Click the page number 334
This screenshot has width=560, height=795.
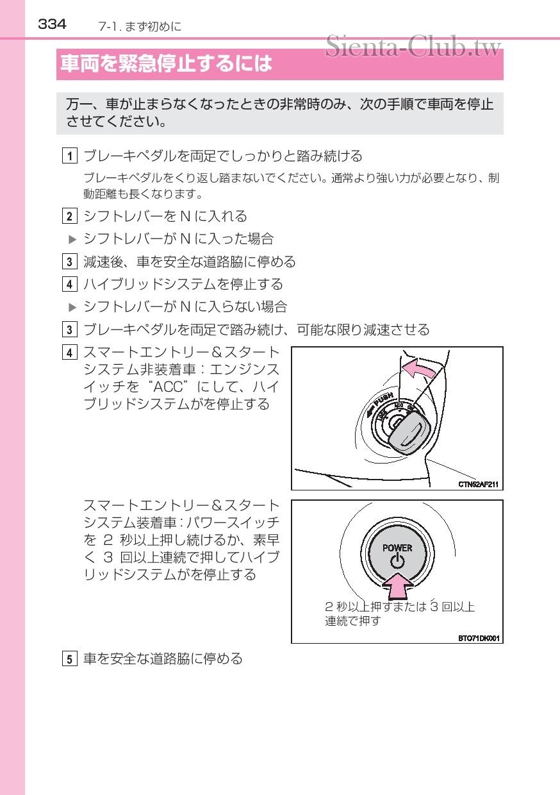point(52,24)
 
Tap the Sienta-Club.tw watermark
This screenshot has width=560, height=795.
point(413,46)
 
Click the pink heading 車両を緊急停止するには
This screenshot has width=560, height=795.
point(166,63)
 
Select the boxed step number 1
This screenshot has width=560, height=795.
point(69,156)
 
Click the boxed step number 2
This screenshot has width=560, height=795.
point(69,216)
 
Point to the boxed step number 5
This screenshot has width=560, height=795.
point(69,659)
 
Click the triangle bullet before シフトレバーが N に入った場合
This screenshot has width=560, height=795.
point(72,240)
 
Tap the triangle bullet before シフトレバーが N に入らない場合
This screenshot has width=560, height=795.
point(72,307)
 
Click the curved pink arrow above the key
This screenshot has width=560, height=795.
point(420,369)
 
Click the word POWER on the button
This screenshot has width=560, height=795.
point(397,548)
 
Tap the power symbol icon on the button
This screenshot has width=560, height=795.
point(397,562)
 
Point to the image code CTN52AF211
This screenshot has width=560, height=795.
point(478,484)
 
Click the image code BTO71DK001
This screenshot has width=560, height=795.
point(479,638)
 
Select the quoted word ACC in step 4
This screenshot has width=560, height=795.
point(168,387)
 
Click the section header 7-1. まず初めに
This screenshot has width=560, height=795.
point(140,26)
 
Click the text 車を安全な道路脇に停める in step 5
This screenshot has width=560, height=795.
point(163,658)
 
